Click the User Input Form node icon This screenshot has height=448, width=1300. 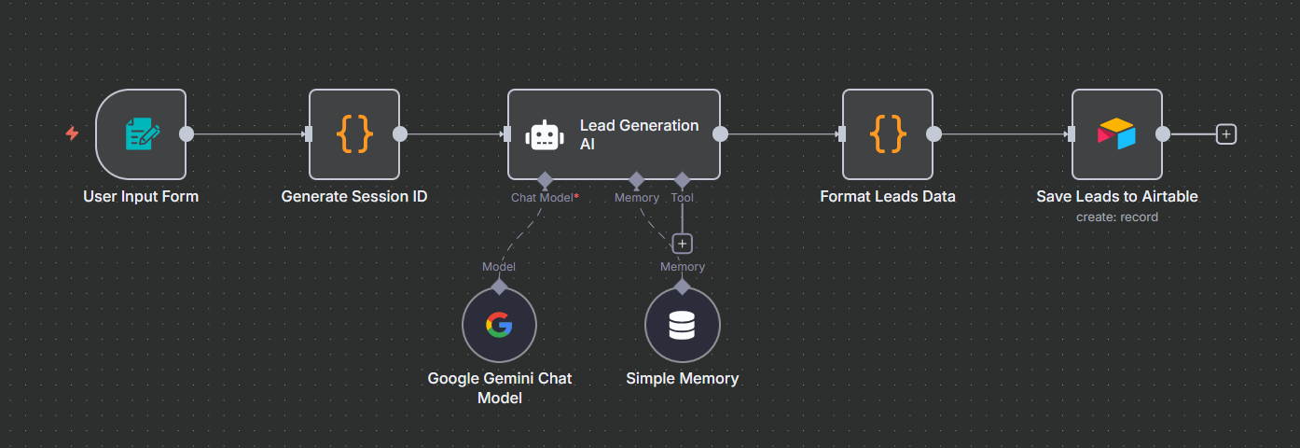[142, 134]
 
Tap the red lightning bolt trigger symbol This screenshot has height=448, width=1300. [72, 133]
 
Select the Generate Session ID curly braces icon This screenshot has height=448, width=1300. [354, 134]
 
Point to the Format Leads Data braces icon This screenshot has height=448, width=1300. [888, 134]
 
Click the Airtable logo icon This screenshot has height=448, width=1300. [1116, 134]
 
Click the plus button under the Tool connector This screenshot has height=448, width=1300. [683, 244]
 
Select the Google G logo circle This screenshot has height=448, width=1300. [499, 325]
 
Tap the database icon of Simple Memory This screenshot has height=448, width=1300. [682, 325]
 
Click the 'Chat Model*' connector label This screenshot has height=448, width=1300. [545, 198]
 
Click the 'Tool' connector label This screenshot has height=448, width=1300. [682, 198]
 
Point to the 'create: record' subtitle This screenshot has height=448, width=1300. [1116, 217]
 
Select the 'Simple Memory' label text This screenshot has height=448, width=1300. [682, 379]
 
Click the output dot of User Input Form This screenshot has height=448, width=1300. [187, 133]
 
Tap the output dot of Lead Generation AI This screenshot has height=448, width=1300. [720, 133]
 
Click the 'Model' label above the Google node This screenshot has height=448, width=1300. [499, 267]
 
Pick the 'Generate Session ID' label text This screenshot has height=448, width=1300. [354, 197]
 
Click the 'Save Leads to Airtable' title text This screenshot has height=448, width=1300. [1116, 197]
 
